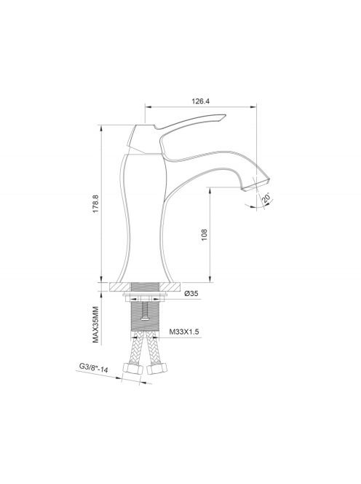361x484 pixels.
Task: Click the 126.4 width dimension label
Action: tap(200, 101)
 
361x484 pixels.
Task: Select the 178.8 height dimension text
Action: tap(95, 204)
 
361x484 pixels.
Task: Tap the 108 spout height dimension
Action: tap(205, 235)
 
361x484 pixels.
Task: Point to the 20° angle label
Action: tap(267, 198)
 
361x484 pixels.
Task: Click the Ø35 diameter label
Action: tap(191, 294)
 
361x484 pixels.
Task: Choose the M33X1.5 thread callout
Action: tap(184, 332)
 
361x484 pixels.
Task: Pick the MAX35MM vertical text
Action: tap(96, 324)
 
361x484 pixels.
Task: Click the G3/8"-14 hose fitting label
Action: tap(94, 367)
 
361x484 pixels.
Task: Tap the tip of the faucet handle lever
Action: tap(226, 115)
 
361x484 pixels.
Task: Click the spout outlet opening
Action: tap(255, 184)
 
